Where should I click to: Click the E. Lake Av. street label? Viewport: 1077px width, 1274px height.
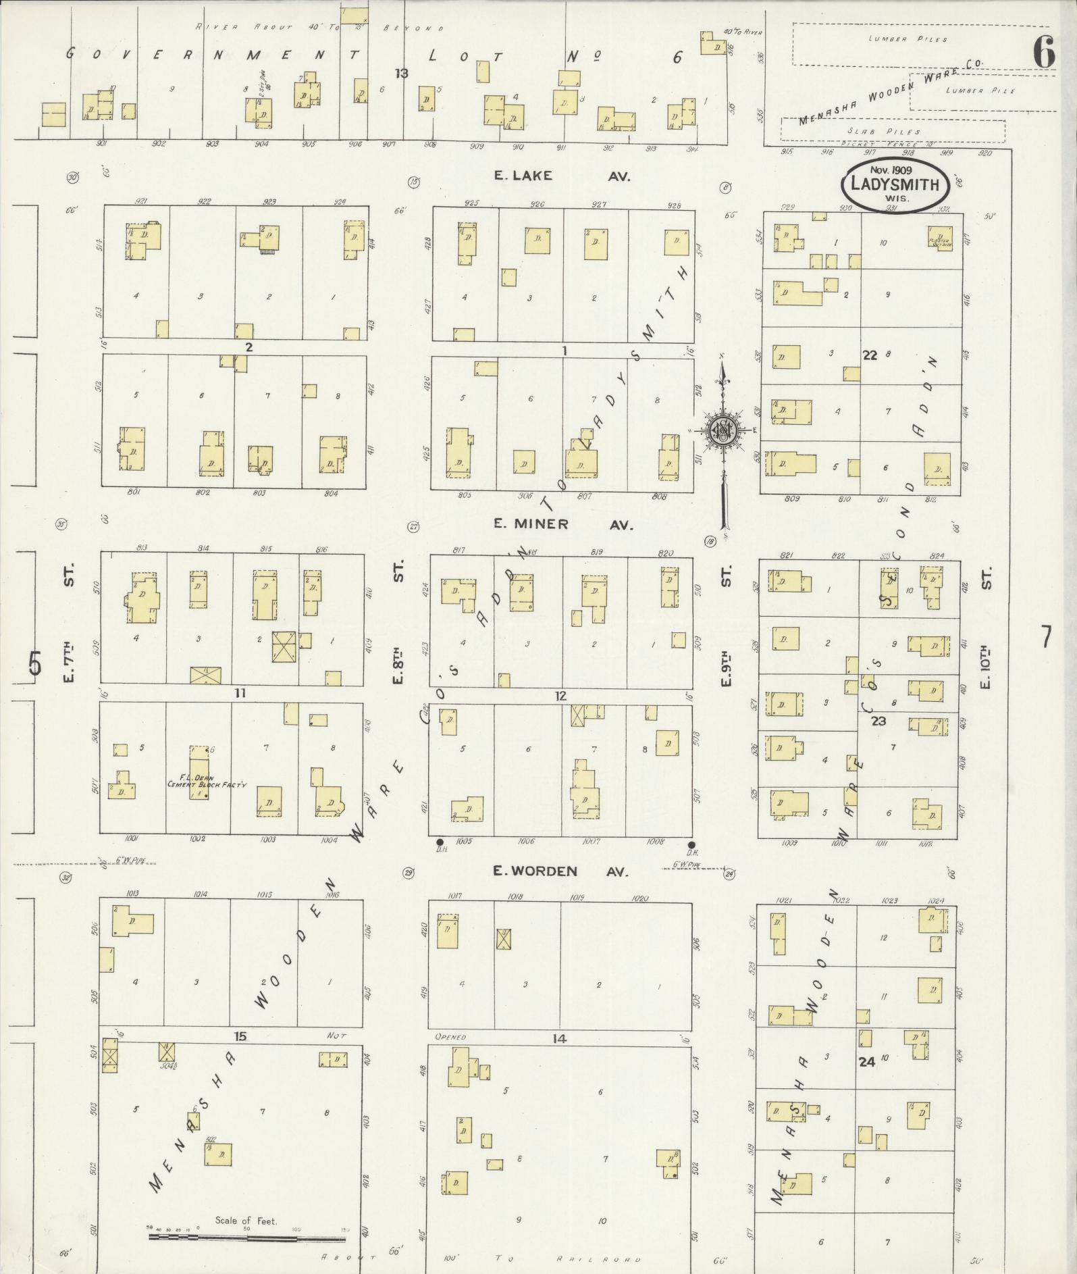[561, 176]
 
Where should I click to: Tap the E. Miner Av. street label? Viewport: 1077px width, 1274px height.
[562, 524]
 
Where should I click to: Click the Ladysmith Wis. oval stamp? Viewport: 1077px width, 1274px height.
[895, 184]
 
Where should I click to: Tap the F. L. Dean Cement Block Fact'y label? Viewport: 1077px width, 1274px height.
[207, 781]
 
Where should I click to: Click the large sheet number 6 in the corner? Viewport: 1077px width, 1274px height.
[1043, 52]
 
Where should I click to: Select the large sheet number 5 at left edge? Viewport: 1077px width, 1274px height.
[34, 663]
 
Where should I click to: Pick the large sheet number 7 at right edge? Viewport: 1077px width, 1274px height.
[1045, 637]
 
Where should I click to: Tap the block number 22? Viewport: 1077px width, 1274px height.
[869, 355]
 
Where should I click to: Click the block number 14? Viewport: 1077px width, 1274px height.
[558, 1039]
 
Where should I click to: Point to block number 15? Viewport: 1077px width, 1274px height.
[240, 1037]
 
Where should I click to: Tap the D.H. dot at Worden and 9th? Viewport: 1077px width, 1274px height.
[691, 845]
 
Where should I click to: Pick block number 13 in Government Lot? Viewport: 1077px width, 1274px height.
[402, 73]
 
